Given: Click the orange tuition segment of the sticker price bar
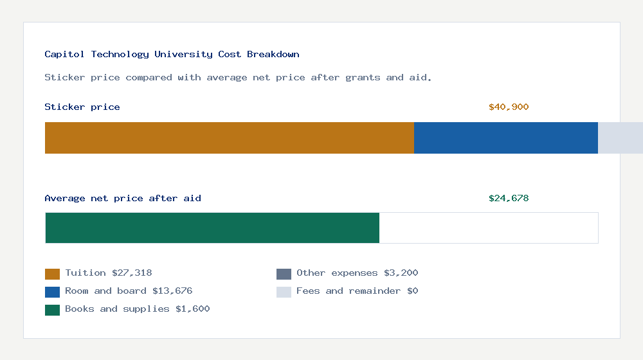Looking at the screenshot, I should pyautogui.click(x=229, y=138).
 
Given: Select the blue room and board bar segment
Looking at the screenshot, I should pyautogui.click(x=506, y=138).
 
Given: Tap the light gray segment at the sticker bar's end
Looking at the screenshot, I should pyautogui.click(x=620, y=138).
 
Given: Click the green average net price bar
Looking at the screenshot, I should pyautogui.click(x=212, y=228).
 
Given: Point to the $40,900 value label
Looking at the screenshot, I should pyautogui.click(x=509, y=107).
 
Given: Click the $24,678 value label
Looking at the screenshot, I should pyautogui.click(x=509, y=198).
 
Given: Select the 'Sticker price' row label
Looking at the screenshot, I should pyautogui.click(x=82, y=107).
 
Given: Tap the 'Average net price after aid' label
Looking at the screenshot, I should pyautogui.click(x=123, y=198).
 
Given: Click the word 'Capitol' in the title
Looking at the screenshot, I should pyautogui.click(x=65, y=54).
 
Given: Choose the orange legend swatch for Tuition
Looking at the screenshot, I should pyautogui.click(x=52, y=274).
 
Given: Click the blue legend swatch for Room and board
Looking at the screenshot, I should pyautogui.click(x=52, y=292).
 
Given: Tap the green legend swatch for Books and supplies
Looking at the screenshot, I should pyautogui.click(x=52, y=310).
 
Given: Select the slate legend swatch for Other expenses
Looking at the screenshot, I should pyautogui.click(x=284, y=274).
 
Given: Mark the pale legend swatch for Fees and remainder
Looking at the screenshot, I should pyautogui.click(x=284, y=292).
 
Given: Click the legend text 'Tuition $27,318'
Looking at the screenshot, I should pyautogui.click(x=109, y=273).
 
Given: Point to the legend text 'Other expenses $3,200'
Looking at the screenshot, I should pyautogui.click(x=358, y=273).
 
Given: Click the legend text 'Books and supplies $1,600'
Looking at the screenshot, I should pyautogui.click(x=138, y=309).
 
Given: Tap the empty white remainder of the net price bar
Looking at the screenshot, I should pyautogui.click(x=489, y=228).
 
